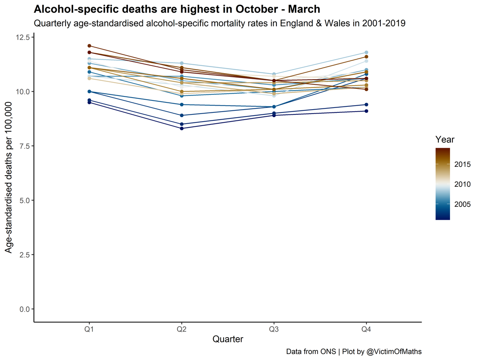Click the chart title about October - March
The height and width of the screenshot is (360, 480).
tap(177, 9)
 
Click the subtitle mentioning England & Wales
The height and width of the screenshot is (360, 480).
tap(220, 24)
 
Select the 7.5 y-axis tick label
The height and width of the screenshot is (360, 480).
tap(24, 146)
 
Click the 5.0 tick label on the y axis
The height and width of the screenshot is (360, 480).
tap(24, 200)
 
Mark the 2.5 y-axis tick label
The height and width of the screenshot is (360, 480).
tap(24, 255)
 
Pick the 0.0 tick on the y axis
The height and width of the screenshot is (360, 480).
tap(24, 309)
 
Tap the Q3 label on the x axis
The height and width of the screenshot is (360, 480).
tap(274, 328)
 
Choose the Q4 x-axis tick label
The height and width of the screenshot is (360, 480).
tap(366, 328)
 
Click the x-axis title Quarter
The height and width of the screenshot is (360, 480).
tap(228, 339)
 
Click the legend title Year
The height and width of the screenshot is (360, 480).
tap(445, 140)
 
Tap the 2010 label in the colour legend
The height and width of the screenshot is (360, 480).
tap(462, 184)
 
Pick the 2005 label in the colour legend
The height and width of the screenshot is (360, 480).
tap(462, 204)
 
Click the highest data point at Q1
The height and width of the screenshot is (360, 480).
tap(89, 46)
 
